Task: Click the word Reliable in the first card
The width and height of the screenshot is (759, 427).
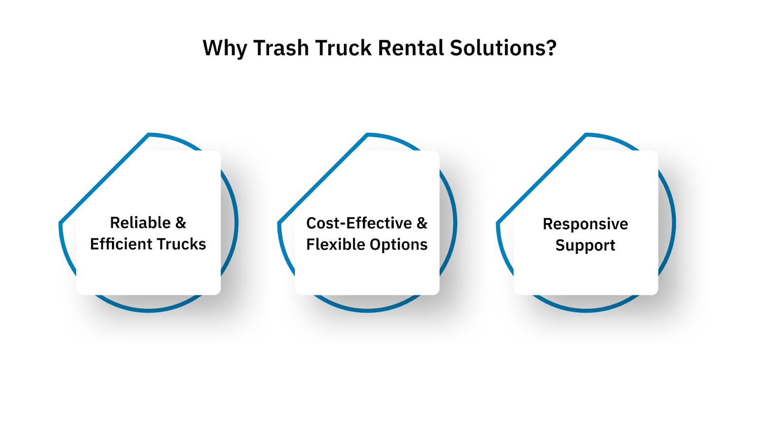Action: (140, 223)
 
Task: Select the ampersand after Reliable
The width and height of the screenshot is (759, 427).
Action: (181, 223)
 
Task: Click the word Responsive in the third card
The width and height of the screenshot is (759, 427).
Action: (585, 224)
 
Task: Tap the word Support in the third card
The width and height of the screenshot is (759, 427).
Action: (585, 245)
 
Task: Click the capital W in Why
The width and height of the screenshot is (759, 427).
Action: (212, 48)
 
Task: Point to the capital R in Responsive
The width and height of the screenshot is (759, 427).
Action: (547, 224)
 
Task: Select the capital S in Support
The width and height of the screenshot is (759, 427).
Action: (560, 245)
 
